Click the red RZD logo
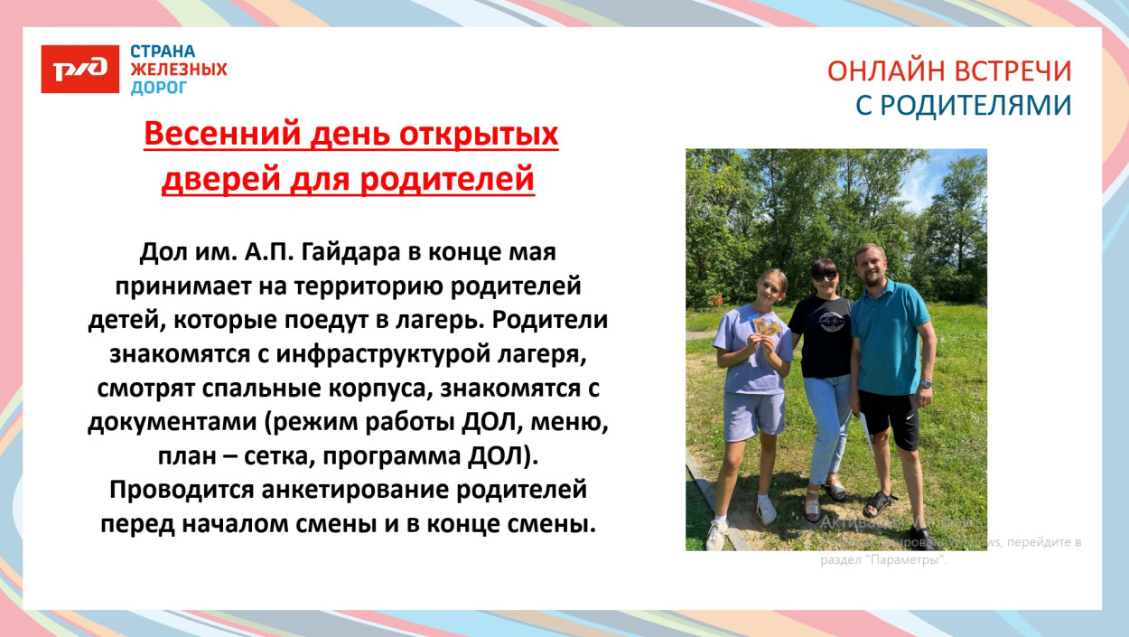(79, 69)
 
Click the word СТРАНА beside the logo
(163, 52)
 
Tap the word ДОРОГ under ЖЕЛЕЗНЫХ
(159, 88)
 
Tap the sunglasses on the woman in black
(823, 276)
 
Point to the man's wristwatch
(926, 383)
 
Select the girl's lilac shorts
(751, 414)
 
